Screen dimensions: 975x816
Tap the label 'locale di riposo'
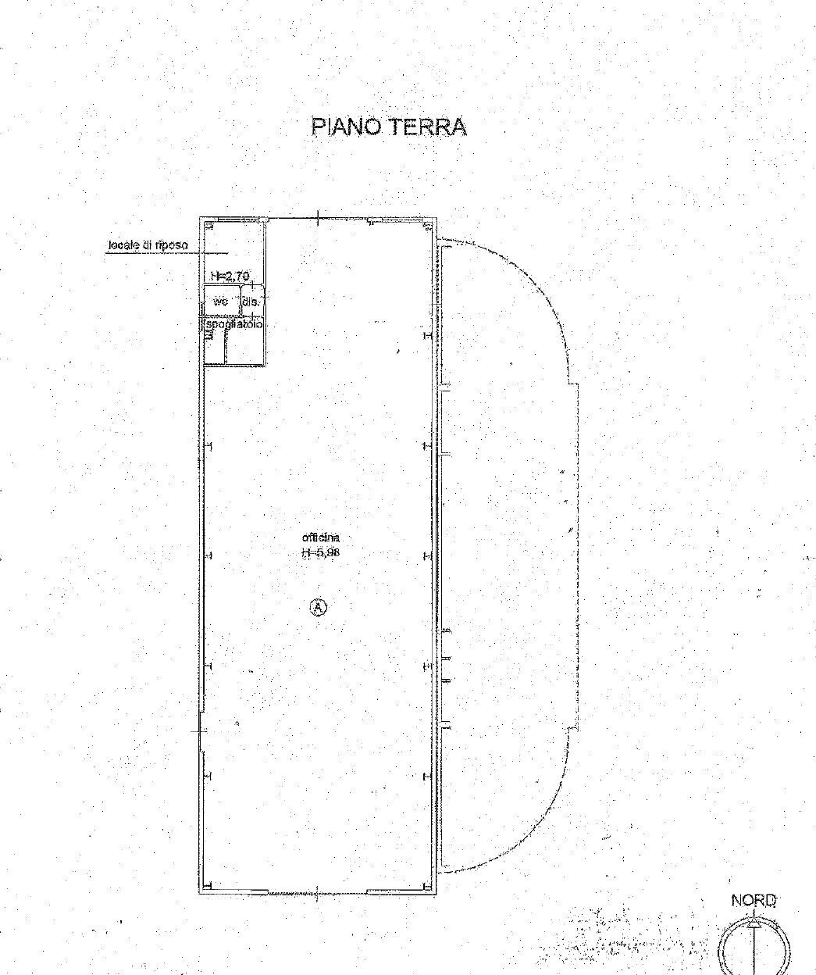(147, 245)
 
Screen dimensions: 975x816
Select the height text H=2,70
(229, 275)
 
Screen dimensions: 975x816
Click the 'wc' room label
(221, 301)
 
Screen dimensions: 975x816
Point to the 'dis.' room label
(251, 301)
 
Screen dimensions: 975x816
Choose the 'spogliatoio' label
(233, 323)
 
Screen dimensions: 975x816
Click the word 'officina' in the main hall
(321, 537)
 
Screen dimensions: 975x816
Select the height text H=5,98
(321, 552)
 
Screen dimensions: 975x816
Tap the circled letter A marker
(319, 607)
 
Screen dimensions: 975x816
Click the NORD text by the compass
(754, 901)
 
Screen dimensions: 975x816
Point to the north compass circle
(755, 945)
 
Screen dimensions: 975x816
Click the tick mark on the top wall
(319, 218)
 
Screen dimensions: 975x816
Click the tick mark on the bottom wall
(319, 894)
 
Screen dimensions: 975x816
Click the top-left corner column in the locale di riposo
(208, 226)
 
